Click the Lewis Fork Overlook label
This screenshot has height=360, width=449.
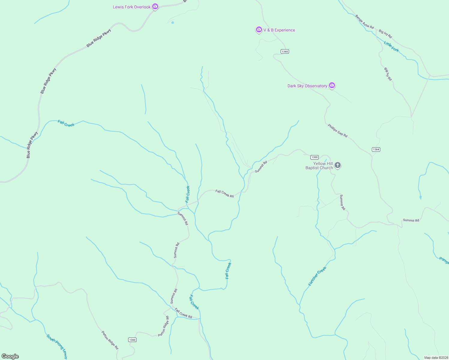[x=131, y=7]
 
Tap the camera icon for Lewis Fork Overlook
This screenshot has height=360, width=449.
[x=155, y=6]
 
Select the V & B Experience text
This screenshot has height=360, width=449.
[x=279, y=30]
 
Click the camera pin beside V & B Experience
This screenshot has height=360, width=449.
[x=259, y=29]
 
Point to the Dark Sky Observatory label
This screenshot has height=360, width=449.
[x=307, y=86]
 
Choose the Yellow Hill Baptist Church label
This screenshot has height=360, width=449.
[x=319, y=166]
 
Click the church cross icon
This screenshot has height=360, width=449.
[x=338, y=165]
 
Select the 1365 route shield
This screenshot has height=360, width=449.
[x=285, y=52]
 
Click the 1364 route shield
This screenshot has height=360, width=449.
[x=376, y=149]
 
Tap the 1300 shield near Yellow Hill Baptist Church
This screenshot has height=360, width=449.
[x=314, y=157]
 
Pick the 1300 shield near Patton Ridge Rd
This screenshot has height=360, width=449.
[x=132, y=340]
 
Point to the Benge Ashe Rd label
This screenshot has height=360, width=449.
[x=364, y=22]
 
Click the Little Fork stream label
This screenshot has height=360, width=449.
[x=391, y=47]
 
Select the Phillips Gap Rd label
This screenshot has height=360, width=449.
[x=338, y=131]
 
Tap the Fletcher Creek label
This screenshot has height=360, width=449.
[x=317, y=276]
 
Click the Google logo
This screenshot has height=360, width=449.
[x=10, y=356]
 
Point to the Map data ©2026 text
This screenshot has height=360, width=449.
[x=436, y=358]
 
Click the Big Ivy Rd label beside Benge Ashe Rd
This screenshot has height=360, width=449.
[x=385, y=34]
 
